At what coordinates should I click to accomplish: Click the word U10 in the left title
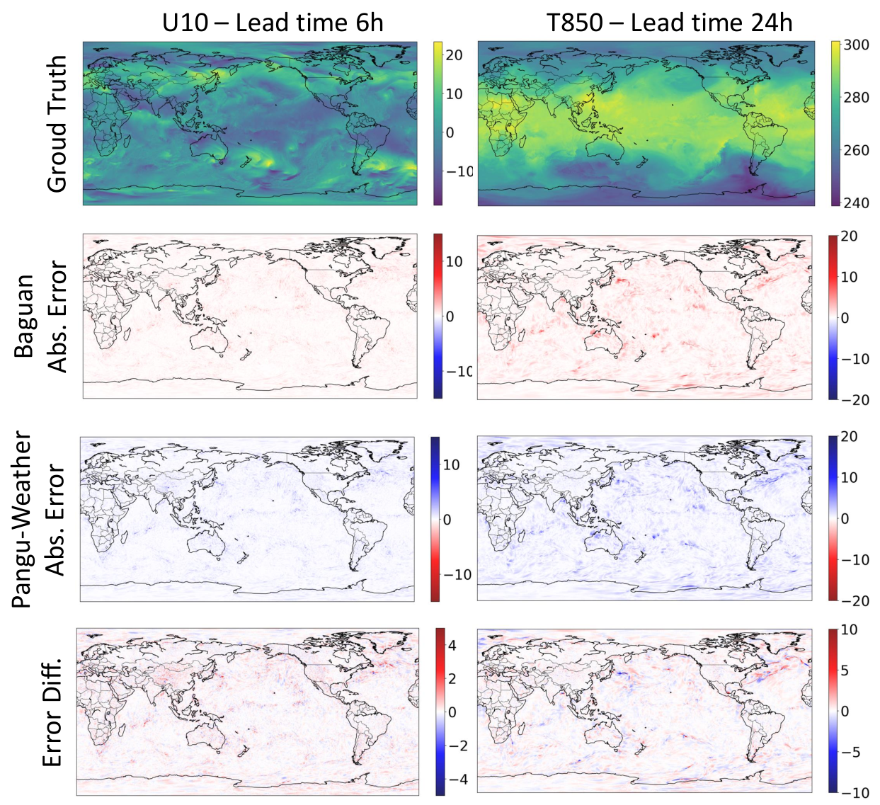pyautogui.click(x=185, y=23)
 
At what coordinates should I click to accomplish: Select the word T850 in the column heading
pyautogui.click(x=575, y=23)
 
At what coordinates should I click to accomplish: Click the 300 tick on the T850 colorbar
pyautogui.click(x=856, y=45)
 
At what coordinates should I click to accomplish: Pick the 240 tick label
pyautogui.click(x=856, y=202)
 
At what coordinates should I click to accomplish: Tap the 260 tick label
pyautogui.click(x=856, y=150)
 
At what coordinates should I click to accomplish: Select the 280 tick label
pyautogui.click(x=856, y=98)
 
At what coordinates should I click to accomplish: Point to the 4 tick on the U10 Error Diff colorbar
pyautogui.click(x=452, y=645)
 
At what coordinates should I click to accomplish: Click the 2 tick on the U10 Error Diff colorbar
pyautogui.click(x=452, y=679)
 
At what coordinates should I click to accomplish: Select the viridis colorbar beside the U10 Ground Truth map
pyautogui.click(x=438, y=123)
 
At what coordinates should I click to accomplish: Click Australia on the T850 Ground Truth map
pyautogui.click(x=605, y=149)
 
